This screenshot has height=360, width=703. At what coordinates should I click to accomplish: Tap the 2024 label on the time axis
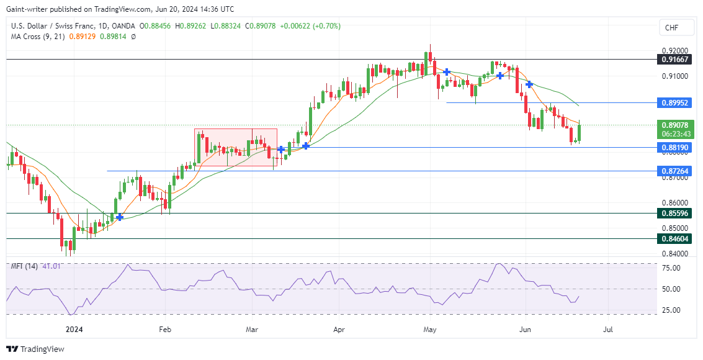click(74, 330)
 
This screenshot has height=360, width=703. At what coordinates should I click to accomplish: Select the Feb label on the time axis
click(164, 330)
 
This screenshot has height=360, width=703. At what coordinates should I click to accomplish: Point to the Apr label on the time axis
click(339, 330)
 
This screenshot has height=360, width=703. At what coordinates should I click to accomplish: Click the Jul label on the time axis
click(609, 330)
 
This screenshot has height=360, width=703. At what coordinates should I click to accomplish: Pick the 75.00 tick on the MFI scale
click(672, 268)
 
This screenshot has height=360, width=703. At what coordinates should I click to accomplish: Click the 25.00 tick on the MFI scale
click(672, 310)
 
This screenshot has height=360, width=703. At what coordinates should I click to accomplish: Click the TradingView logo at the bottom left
click(35, 349)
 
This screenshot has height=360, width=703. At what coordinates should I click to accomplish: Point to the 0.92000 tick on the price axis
click(674, 50)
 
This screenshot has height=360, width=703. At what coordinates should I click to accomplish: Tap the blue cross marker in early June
click(529, 84)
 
